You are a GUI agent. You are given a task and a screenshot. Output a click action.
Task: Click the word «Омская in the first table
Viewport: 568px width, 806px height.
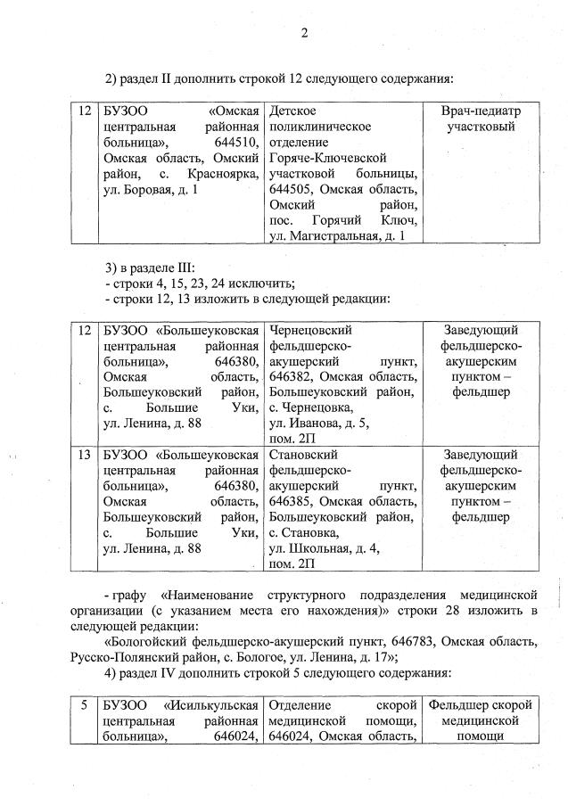pyautogui.click(x=234, y=111)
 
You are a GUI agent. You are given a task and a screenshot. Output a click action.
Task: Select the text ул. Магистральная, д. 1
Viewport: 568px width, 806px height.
pyautogui.click(x=337, y=235)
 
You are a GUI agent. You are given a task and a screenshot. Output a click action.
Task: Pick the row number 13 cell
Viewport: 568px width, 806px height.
pyautogui.click(x=85, y=454)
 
